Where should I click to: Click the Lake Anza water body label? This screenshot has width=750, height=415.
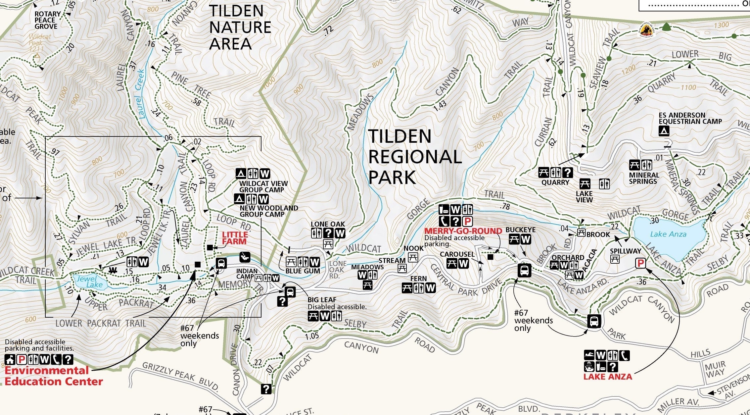[x=668, y=234]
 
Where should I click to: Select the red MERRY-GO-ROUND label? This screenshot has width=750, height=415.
[x=463, y=231]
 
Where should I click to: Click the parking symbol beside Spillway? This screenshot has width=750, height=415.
[x=640, y=264]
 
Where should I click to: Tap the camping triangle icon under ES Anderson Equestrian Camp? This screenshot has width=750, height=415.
[x=664, y=131]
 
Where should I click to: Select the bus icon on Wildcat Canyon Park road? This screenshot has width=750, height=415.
[x=594, y=321]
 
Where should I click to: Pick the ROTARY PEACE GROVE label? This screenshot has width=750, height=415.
[x=47, y=20]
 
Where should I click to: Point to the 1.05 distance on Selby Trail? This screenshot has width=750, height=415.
[x=312, y=336]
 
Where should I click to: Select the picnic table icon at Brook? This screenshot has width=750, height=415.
[x=581, y=233]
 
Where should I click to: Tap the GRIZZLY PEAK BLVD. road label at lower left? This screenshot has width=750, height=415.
[x=180, y=376]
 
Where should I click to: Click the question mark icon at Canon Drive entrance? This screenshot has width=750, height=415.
[x=266, y=389]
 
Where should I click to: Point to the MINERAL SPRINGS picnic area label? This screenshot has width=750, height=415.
[x=643, y=178]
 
